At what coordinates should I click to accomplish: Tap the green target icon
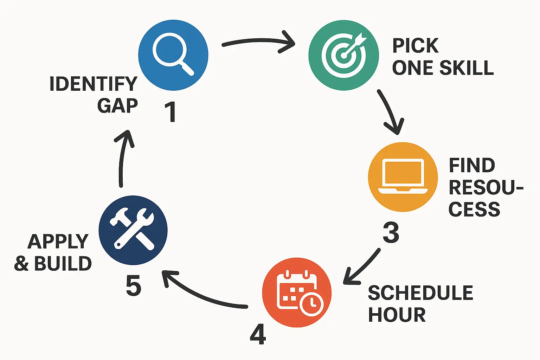[343, 55]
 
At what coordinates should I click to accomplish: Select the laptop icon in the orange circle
[403, 176]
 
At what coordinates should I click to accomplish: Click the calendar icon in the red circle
[297, 292]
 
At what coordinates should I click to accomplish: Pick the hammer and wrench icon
[133, 230]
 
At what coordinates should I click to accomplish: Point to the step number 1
[171, 112]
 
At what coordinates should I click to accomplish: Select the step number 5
[133, 285]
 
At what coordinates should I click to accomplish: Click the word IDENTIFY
[93, 84]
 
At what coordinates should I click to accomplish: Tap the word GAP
[117, 105]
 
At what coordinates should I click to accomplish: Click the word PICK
[416, 46]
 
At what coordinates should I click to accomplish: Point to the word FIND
[472, 166]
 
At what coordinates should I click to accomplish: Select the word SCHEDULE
[420, 293]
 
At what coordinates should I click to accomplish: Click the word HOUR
[397, 315]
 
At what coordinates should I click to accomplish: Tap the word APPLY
[58, 242]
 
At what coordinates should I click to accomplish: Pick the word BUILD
[63, 264]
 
